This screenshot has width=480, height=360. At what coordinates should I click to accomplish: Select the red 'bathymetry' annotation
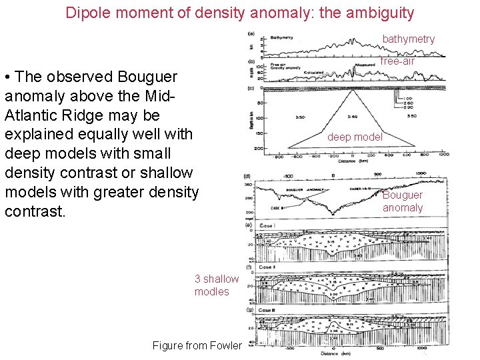click(408, 39)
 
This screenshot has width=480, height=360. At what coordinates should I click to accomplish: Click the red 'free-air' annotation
click(397, 61)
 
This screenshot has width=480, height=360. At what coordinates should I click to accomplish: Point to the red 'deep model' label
click(355, 137)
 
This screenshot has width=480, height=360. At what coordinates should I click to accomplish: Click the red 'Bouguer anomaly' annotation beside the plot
click(403, 201)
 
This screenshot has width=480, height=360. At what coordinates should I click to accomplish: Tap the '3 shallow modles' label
click(216, 285)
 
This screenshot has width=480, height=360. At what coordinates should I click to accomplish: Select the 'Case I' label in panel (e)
click(267, 227)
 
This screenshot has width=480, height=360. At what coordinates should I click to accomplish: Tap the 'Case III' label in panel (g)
click(267, 311)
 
